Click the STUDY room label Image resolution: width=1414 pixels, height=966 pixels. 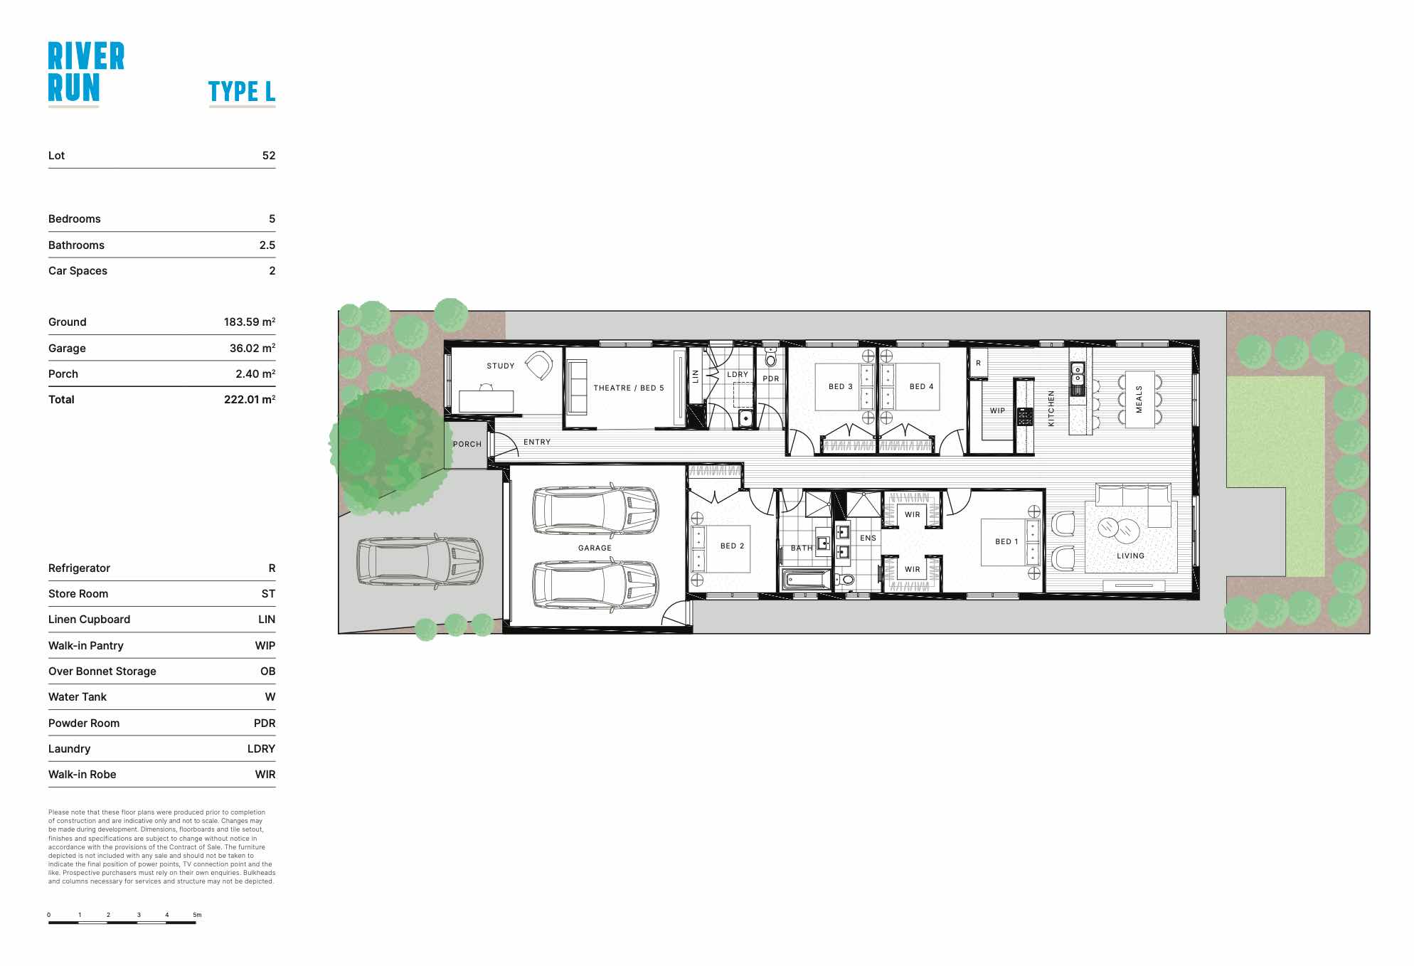coord(500,366)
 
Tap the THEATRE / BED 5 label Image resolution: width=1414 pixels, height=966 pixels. coord(629,388)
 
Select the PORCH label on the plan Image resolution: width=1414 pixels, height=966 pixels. coord(467,444)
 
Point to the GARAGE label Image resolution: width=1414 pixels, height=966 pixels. coord(595,548)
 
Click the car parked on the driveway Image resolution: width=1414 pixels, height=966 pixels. coord(420,562)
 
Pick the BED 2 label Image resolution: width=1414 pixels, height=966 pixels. coord(732,546)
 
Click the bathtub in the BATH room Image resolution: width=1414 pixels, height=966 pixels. coord(807,580)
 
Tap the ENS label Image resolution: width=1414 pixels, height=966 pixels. coord(868,538)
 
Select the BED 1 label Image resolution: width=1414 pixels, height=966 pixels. coord(1006,541)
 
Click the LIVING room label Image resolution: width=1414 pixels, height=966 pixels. coord(1130,556)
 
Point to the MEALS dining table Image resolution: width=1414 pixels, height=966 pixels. coord(1139,399)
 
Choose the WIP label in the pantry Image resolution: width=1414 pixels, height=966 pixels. coord(997,410)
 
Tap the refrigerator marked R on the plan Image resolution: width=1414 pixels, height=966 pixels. coord(978,363)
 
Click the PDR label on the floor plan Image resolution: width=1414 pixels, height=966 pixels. coord(771,378)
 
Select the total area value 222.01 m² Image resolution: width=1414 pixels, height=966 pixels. coord(250,399)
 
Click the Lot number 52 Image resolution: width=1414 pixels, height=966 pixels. coord(269,155)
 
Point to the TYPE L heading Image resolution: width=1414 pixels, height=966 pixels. coord(242,91)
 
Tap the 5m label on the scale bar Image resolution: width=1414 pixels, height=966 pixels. coord(197,915)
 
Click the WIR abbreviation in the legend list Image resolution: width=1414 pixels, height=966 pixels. coord(265,774)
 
